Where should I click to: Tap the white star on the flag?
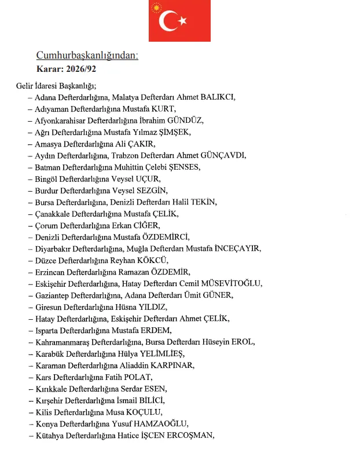point(183,21)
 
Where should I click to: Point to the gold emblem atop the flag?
point(156,8)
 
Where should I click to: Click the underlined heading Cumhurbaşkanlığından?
point(87,56)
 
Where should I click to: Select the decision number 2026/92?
point(85,68)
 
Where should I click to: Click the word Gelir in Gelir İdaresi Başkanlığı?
point(25,86)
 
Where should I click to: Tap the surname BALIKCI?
point(214,97)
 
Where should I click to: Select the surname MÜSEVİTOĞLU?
point(230,283)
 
